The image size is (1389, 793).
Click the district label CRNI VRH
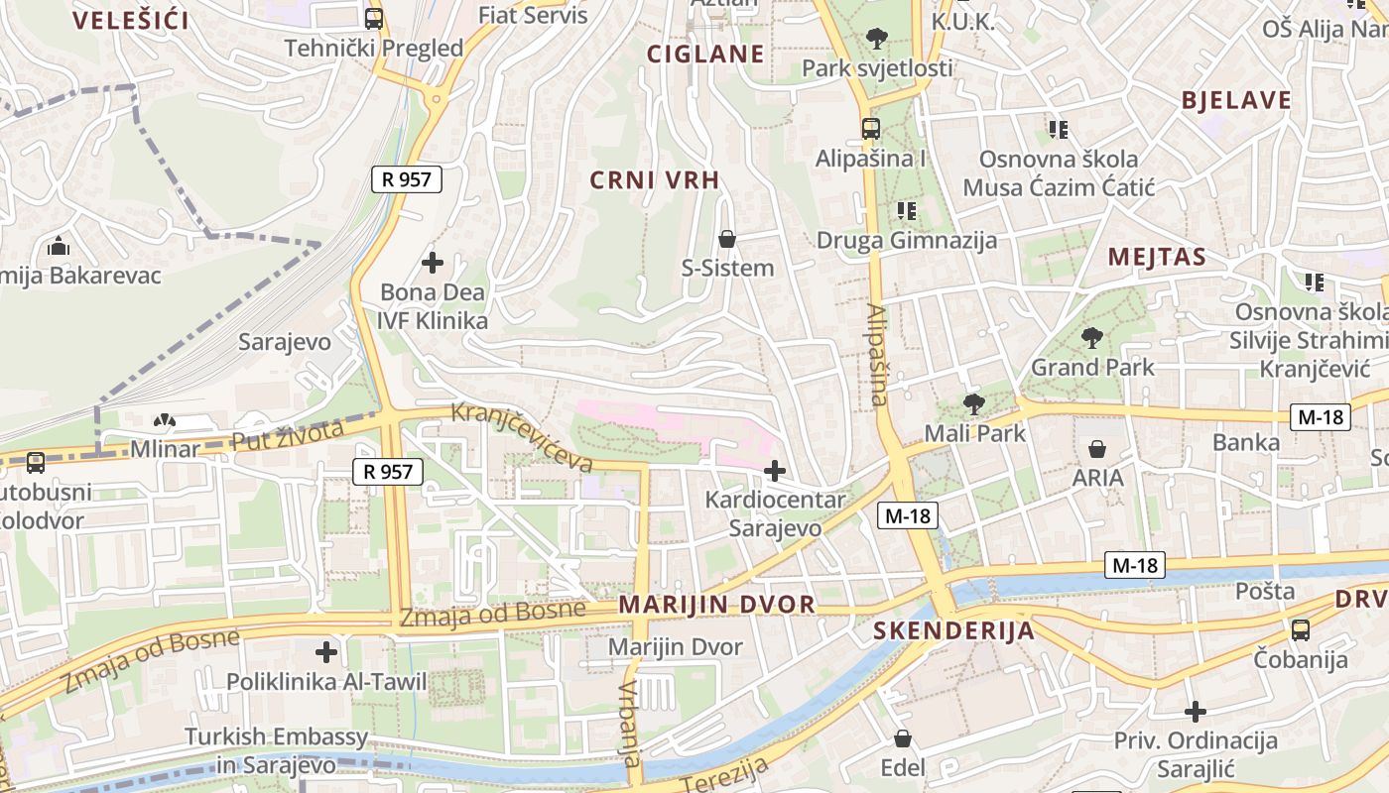click(654, 179)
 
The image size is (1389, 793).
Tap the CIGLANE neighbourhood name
click(705, 54)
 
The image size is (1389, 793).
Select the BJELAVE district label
click(1236, 100)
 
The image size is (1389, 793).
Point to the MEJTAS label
click(1157, 258)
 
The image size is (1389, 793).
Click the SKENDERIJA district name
click(953, 630)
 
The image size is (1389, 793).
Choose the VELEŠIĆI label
click(131, 20)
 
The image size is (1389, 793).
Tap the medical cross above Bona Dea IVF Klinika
click(433, 263)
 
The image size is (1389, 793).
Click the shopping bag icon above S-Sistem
click(727, 239)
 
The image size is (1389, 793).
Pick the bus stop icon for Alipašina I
click(870, 129)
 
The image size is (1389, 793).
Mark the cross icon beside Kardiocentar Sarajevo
click(775, 470)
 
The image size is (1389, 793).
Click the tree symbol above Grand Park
click(1092, 338)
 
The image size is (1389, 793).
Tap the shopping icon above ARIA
click(1097, 449)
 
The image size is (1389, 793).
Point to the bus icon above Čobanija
click(1300, 629)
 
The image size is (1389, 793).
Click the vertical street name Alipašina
click(877, 355)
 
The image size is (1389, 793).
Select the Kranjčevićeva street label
click(522, 436)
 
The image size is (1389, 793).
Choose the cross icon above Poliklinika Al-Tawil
click(326, 652)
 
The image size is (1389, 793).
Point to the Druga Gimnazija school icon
click(906, 210)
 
